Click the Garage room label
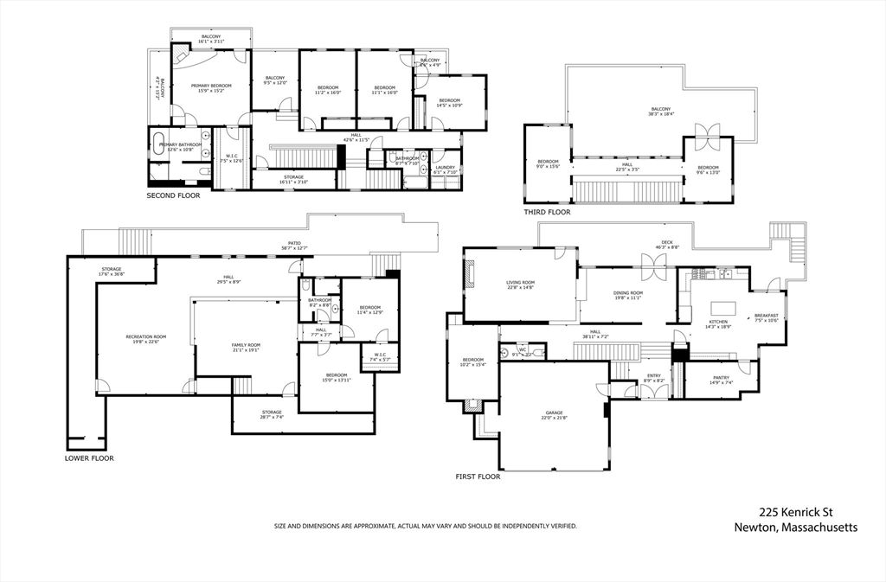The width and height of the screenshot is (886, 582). tap(554, 413)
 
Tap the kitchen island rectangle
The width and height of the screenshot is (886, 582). tap(722, 307)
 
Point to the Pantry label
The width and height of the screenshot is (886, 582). tap(720, 377)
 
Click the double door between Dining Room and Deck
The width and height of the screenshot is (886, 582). tap(654, 265)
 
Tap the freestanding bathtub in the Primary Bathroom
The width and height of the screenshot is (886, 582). tap(162, 144)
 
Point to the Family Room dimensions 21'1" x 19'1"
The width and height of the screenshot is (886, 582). tap(246, 350)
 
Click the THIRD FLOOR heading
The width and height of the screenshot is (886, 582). tap(547, 211)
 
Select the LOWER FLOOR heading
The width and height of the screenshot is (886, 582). tap(89, 457)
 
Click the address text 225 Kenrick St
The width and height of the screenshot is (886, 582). tap(795, 512)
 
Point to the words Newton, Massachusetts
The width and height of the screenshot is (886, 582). tap(795, 528)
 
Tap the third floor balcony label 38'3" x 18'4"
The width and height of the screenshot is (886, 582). tap(660, 114)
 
